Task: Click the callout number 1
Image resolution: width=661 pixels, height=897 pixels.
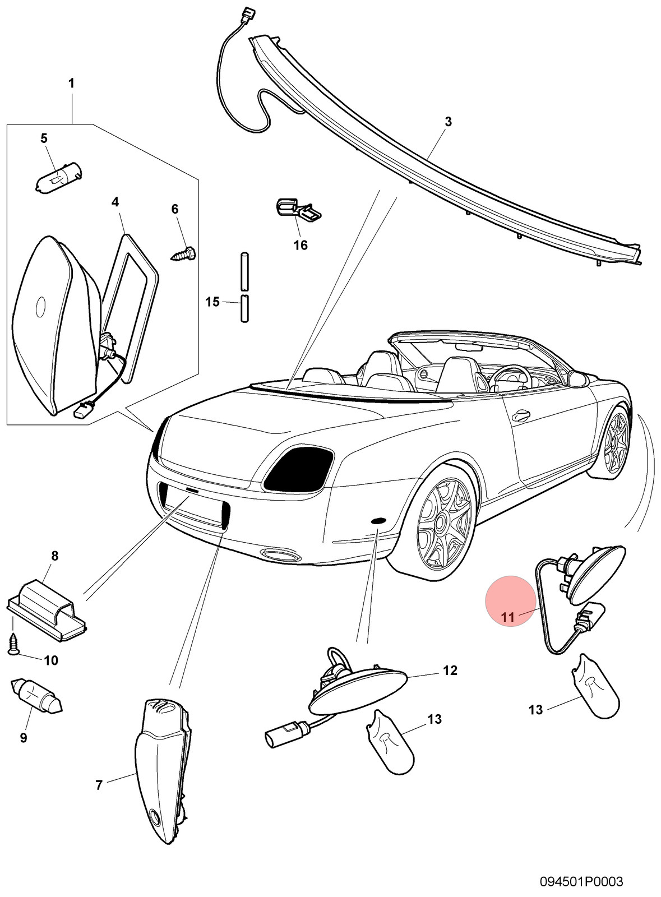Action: [71, 84]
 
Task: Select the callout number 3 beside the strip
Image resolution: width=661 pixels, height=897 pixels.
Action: [448, 122]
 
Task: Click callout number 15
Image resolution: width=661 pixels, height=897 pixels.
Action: [212, 302]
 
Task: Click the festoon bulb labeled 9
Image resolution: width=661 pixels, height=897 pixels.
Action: [36, 695]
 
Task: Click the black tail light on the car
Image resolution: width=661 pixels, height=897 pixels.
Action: [299, 469]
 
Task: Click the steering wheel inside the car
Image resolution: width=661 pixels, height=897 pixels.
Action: [510, 377]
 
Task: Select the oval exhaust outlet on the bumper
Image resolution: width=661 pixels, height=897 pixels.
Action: [280, 555]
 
